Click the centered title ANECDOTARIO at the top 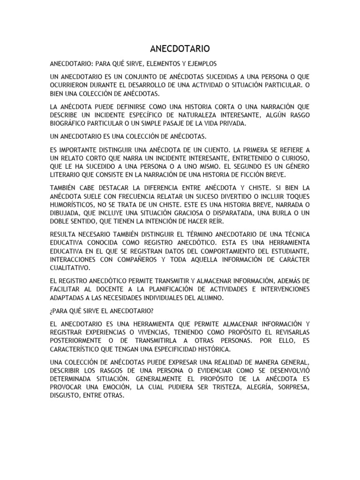(180, 49)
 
